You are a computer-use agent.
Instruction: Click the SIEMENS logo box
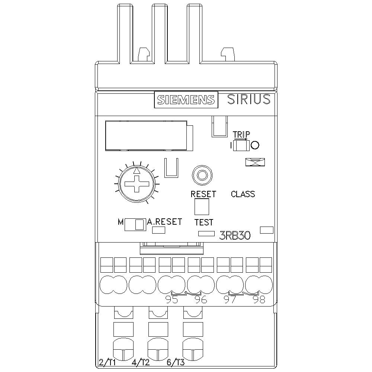(x=186, y=100)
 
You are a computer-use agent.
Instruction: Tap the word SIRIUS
(x=248, y=99)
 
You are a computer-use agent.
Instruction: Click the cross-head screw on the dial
(x=137, y=184)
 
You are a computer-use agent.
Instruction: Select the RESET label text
(x=203, y=194)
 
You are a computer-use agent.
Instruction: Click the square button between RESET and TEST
(x=202, y=207)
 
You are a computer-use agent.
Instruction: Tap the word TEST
(x=204, y=222)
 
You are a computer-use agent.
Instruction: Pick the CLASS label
(x=243, y=194)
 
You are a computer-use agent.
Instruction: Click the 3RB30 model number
(x=235, y=235)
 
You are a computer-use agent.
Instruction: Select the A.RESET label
(x=164, y=222)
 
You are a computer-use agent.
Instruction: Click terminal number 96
(x=201, y=300)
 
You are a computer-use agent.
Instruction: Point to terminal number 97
(x=230, y=300)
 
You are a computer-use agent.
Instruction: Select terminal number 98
(x=259, y=300)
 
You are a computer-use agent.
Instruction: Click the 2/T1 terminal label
(x=107, y=362)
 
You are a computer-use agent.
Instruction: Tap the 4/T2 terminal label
(x=141, y=362)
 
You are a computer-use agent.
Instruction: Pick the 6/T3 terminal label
(x=176, y=362)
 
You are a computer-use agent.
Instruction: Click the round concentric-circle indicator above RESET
(x=202, y=174)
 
